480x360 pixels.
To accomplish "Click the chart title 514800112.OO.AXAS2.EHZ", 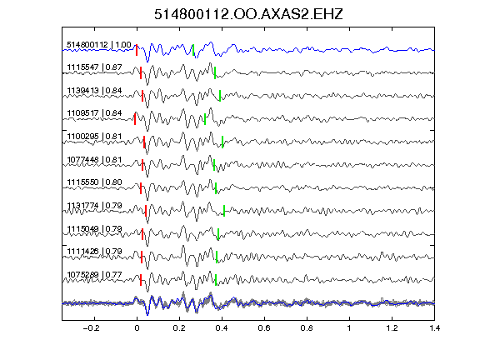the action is (248, 14).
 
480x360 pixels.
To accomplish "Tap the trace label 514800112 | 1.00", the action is (99, 45).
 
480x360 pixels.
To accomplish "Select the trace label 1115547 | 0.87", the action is (94, 67).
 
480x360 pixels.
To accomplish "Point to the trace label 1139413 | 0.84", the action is (94, 91).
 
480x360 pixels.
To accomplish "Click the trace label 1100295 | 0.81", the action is (94, 136).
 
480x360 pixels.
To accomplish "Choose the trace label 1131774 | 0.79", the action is (94, 205).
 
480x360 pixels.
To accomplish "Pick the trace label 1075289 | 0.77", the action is (94, 275).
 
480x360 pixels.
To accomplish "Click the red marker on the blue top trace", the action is (137, 50).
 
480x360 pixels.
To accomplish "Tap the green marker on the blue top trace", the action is (193, 50).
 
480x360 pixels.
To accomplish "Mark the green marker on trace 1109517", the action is (205, 119).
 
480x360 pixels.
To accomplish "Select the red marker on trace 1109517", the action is (135, 119).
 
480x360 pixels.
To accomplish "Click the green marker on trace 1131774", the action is (224, 211).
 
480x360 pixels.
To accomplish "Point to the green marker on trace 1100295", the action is (222, 142).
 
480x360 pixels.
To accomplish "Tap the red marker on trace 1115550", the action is (141, 188).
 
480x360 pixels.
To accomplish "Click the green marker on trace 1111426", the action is (217, 257).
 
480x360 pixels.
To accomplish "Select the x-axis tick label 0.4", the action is (222, 328).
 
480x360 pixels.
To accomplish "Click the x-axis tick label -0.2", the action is (91, 328).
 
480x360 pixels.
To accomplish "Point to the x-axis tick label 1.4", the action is (434, 328).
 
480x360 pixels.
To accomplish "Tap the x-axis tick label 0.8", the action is (307, 328).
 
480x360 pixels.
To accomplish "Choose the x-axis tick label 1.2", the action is (392, 328).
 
